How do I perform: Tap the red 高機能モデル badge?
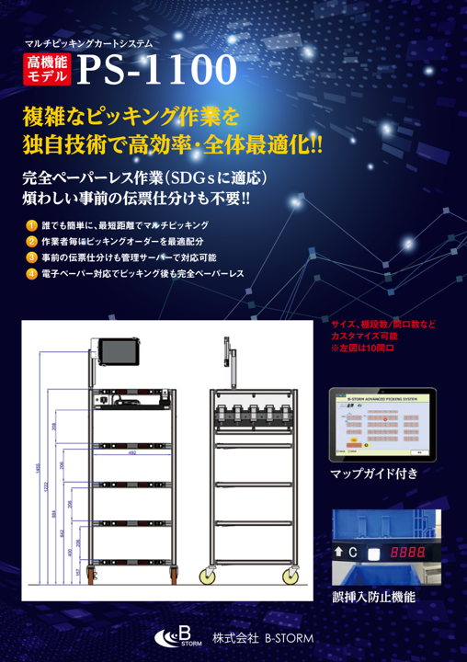pyautogui.click(x=48, y=70)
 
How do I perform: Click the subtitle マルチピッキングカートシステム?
pyautogui.click(x=88, y=42)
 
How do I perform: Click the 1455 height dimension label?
pyautogui.click(x=38, y=469)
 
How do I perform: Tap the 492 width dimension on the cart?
pyautogui.click(x=132, y=452)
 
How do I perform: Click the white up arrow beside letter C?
pyautogui.click(x=340, y=553)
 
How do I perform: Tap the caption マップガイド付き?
pyautogui.click(x=373, y=474)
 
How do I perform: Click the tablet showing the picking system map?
pyautogui.click(x=382, y=426)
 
